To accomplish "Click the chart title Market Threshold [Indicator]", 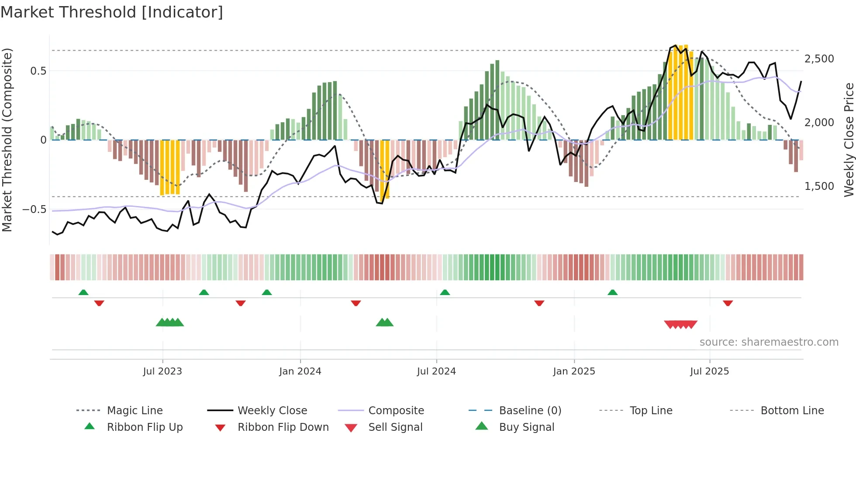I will tap(112, 12).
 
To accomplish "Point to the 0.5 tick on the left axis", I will tap(38, 71).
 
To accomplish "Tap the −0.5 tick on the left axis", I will tap(35, 209).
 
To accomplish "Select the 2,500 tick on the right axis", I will tap(819, 59).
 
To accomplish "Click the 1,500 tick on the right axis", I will tap(819, 186).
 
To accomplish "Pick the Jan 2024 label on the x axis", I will tap(300, 371).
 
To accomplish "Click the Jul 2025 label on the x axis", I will tap(709, 371).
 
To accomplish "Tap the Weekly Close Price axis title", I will tap(849, 140).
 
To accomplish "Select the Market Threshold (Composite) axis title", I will tap(7, 140).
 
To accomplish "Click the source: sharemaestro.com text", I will tap(769, 342).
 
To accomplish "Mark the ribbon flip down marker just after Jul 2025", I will tap(728, 303).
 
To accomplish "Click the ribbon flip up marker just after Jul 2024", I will tap(445, 292).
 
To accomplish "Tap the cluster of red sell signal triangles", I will tap(680, 324).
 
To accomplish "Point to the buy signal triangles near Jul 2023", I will tap(170, 323).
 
